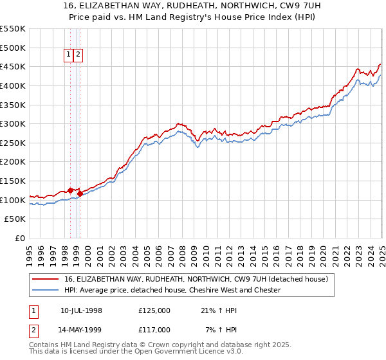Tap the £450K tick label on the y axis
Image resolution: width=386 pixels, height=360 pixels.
(12, 66)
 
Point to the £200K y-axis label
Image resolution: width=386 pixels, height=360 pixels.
(12, 161)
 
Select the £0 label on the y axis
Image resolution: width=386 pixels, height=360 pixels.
(19, 238)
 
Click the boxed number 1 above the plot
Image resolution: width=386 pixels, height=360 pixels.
(68, 55)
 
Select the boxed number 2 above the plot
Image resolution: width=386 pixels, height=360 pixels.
(78, 55)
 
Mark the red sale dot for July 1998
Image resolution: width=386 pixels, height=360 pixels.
(70, 190)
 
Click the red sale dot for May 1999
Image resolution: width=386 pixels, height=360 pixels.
(80, 193)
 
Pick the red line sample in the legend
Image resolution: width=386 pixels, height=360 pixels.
(45, 280)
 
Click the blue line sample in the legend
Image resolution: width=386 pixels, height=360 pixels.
(45, 290)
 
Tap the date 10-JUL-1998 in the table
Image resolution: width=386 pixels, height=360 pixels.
(81, 310)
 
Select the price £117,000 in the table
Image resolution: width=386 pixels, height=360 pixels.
(154, 330)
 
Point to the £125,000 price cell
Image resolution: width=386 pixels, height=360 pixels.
(154, 310)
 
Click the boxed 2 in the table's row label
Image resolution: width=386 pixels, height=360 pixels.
(33, 330)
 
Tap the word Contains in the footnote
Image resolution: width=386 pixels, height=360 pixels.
(44, 345)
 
